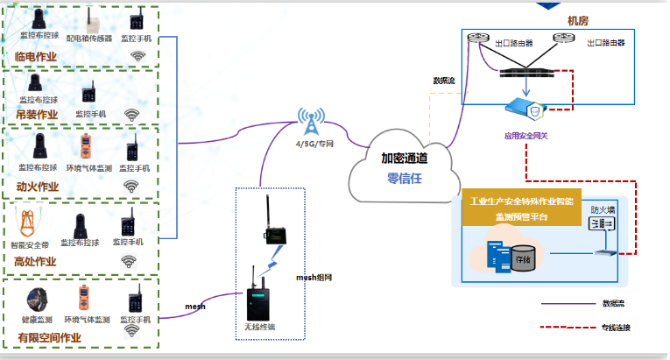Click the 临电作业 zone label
tap(36, 57)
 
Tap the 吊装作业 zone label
tap(36, 115)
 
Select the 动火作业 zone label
tap(36, 186)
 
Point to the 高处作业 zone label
tap(36, 260)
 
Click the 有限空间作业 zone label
tap(49, 337)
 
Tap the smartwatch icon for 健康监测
tap(35, 301)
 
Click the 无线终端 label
tap(260, 328)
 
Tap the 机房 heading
tap(578, 19)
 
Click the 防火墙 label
tap(603, 209)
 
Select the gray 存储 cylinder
tap(524, 259)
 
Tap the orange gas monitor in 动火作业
tap(85, 146)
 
